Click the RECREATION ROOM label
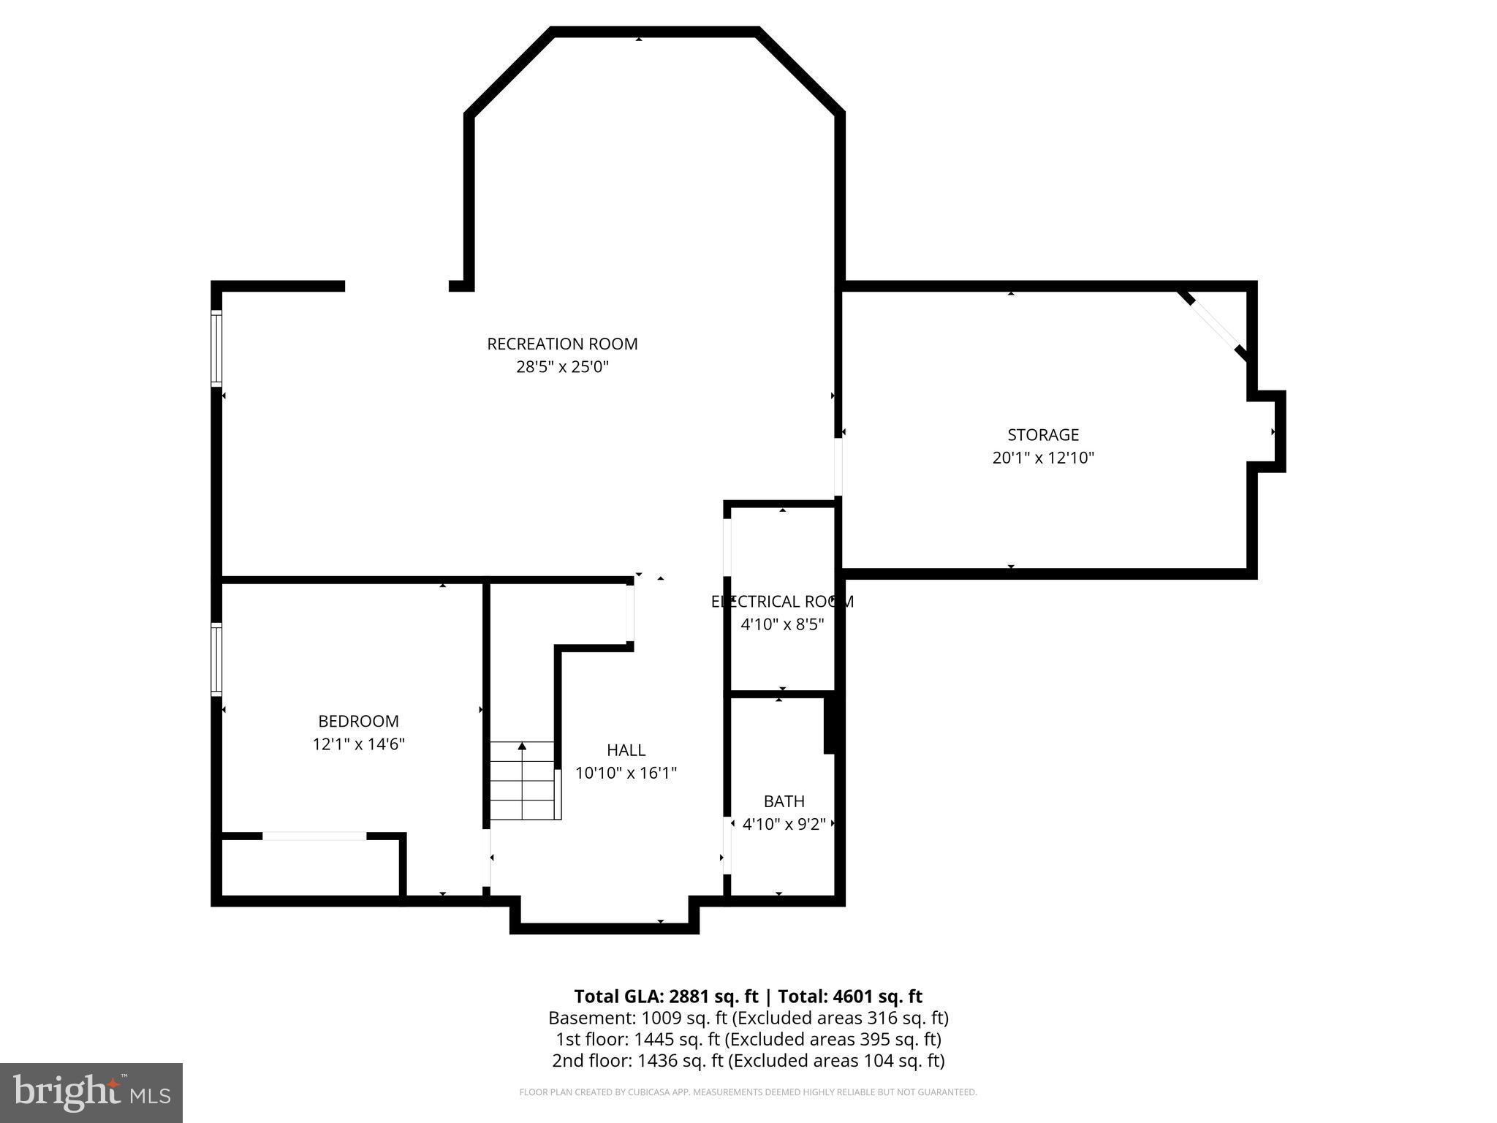tap(562, 344)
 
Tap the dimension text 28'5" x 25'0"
tap(562, 367)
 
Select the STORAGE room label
tap(1043, 435)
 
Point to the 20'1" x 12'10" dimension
tap(1043, 458)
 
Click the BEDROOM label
tap(358, 722)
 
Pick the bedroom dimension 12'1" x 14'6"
tap(358, 744)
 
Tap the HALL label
tap(626, 750)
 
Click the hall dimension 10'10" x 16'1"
tap(626, 773)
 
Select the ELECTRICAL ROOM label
tap(782, 602)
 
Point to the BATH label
tap(784, 801)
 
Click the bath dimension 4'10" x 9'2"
tap(784, 825)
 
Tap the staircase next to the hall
tap(523, 781)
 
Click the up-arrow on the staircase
tap(522, 747)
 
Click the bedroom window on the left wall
tap(216, 659)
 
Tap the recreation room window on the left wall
tap(216, 348)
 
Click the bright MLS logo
tap(91, 1092)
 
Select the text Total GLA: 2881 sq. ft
tap(666, 997)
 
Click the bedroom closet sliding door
tap(314, 836)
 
